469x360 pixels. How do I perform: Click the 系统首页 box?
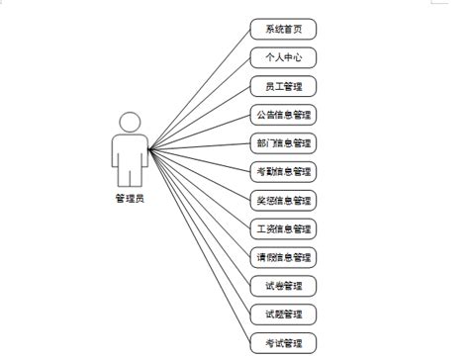[x=282, y=28]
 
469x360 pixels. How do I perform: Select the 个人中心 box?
[x=282, y=56]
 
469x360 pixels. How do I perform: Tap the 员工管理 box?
[x=282, y=85]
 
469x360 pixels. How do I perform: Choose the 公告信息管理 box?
[x=282, y=114]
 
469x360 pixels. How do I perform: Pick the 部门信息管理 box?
[x=282, y=142]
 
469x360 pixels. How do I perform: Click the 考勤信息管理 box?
[x=282, y=171]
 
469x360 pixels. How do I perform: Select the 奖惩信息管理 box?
[x=282, y=200]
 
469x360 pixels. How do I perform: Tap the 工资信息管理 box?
[x=282, y=228]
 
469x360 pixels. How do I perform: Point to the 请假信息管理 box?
[x=282, y=257]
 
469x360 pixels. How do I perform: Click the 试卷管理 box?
[x=282, y=286]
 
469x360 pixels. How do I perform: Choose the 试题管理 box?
[x=282, y=315]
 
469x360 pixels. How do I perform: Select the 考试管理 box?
[x=282, y=343]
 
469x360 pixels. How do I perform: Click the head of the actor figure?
[x=130, y=122]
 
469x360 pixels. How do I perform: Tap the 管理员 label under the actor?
[x=130, y=197]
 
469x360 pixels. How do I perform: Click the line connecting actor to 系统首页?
[x=198, y=89]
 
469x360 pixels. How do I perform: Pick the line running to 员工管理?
[x=198, y=118]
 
